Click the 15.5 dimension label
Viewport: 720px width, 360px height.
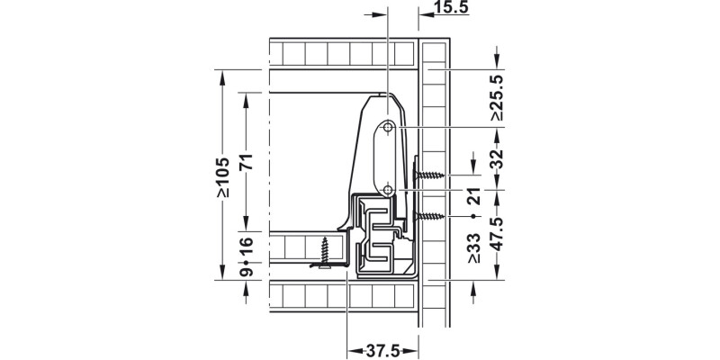point(451,7)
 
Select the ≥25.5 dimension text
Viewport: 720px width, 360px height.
point(497,98)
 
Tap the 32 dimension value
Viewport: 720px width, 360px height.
point(497,158)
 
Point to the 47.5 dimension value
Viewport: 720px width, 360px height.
point(497,234)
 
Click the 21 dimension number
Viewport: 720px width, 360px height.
point(474,196)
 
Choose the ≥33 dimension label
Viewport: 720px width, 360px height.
point(474,248)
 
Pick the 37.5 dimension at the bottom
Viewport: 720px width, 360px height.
point(382,351)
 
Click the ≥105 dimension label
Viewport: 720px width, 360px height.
point(222,177)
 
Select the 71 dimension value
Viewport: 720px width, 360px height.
point(247,161)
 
